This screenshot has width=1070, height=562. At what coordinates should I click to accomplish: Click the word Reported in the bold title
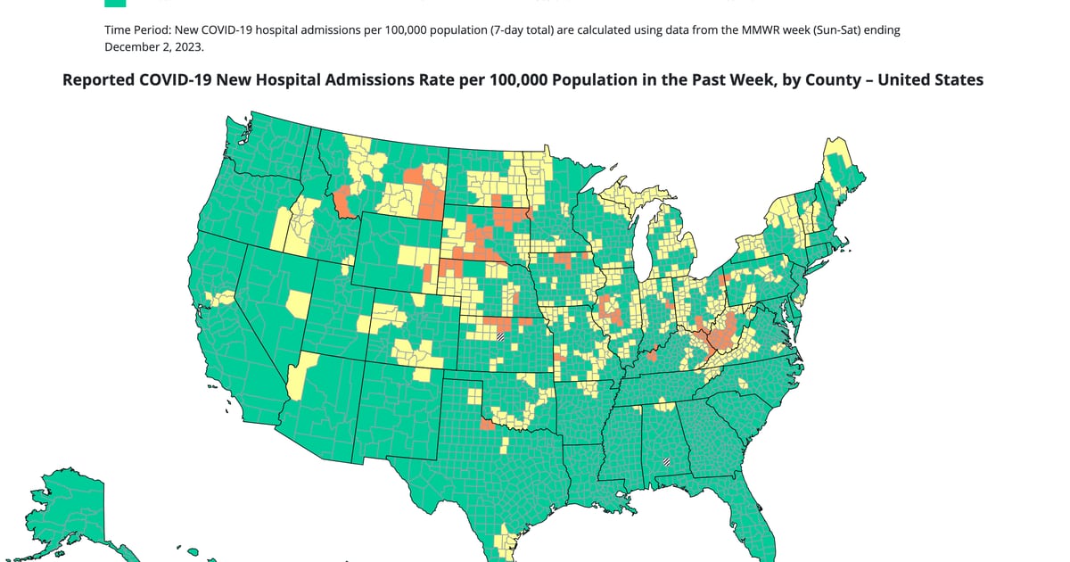coord(99,80)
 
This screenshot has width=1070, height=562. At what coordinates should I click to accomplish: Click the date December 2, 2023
coord(154,46)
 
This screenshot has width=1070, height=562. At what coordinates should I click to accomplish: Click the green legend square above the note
coord(115,3)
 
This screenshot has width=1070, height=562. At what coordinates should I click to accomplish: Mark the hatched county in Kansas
coord(500,336)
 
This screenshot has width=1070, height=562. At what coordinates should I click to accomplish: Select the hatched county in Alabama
coord(665,462)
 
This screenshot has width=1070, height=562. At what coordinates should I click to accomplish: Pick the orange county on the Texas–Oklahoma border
coord(486,425)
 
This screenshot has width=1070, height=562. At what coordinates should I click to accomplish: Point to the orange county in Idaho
coord(343,203)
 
